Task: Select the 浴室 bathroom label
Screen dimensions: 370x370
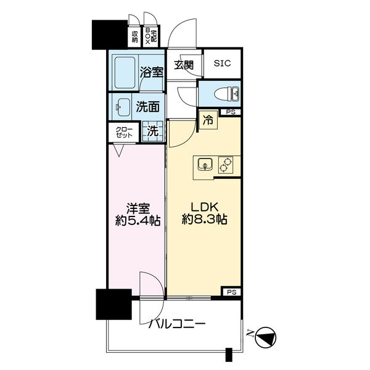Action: click(150, 72)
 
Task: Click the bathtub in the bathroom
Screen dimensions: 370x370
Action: click(126, 73)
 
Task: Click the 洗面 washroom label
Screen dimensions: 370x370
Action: click(147, 106)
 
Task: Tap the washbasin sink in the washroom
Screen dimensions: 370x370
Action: click(123, 106)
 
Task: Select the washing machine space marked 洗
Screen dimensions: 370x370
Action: click(152, 131)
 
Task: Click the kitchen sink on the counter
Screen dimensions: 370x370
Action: click(205, 164)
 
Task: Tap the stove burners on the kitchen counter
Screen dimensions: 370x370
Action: click(226, 164)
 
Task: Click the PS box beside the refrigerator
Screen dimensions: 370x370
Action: click(231, 112)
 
